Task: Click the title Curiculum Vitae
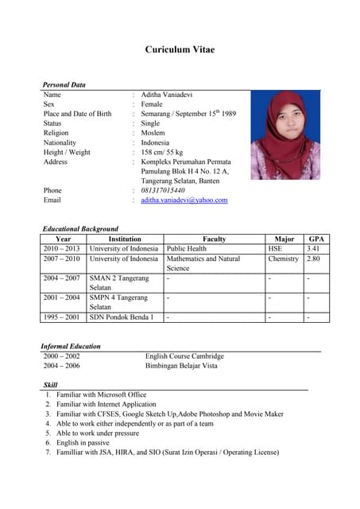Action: pyautogui.click(x=180, y=50)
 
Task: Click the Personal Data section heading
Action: pyautogui.click(x=64, y=85)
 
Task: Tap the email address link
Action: pyautogui.click(x=184, y=200)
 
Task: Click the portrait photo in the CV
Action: pyautogui.click(x=285, y=134)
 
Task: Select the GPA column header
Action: pyautogui.click(x=316, y=239)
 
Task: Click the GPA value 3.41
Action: pyautogui.click(x=314, y=249)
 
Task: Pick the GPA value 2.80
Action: pyautogui.click(x=314, y=259)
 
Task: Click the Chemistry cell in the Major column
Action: pyautogui.click(x=283, y=259)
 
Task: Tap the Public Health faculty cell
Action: pyautogui.click(x=187, y=249)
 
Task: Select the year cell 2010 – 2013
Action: pyautogui.click(x=62, y=249)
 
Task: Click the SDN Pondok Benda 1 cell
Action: pyautogui.click(x=122, y=317)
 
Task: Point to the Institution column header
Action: pyautogui.click(x=125, y=239)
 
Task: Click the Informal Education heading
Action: pyautogui.click(x=71, y=347)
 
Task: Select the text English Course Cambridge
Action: pyautogui.click(x=184, y=356)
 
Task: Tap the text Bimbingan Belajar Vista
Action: pyautogui.click(x=180, y=366)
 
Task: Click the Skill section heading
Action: pyautogui.click(x=49, y=385)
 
